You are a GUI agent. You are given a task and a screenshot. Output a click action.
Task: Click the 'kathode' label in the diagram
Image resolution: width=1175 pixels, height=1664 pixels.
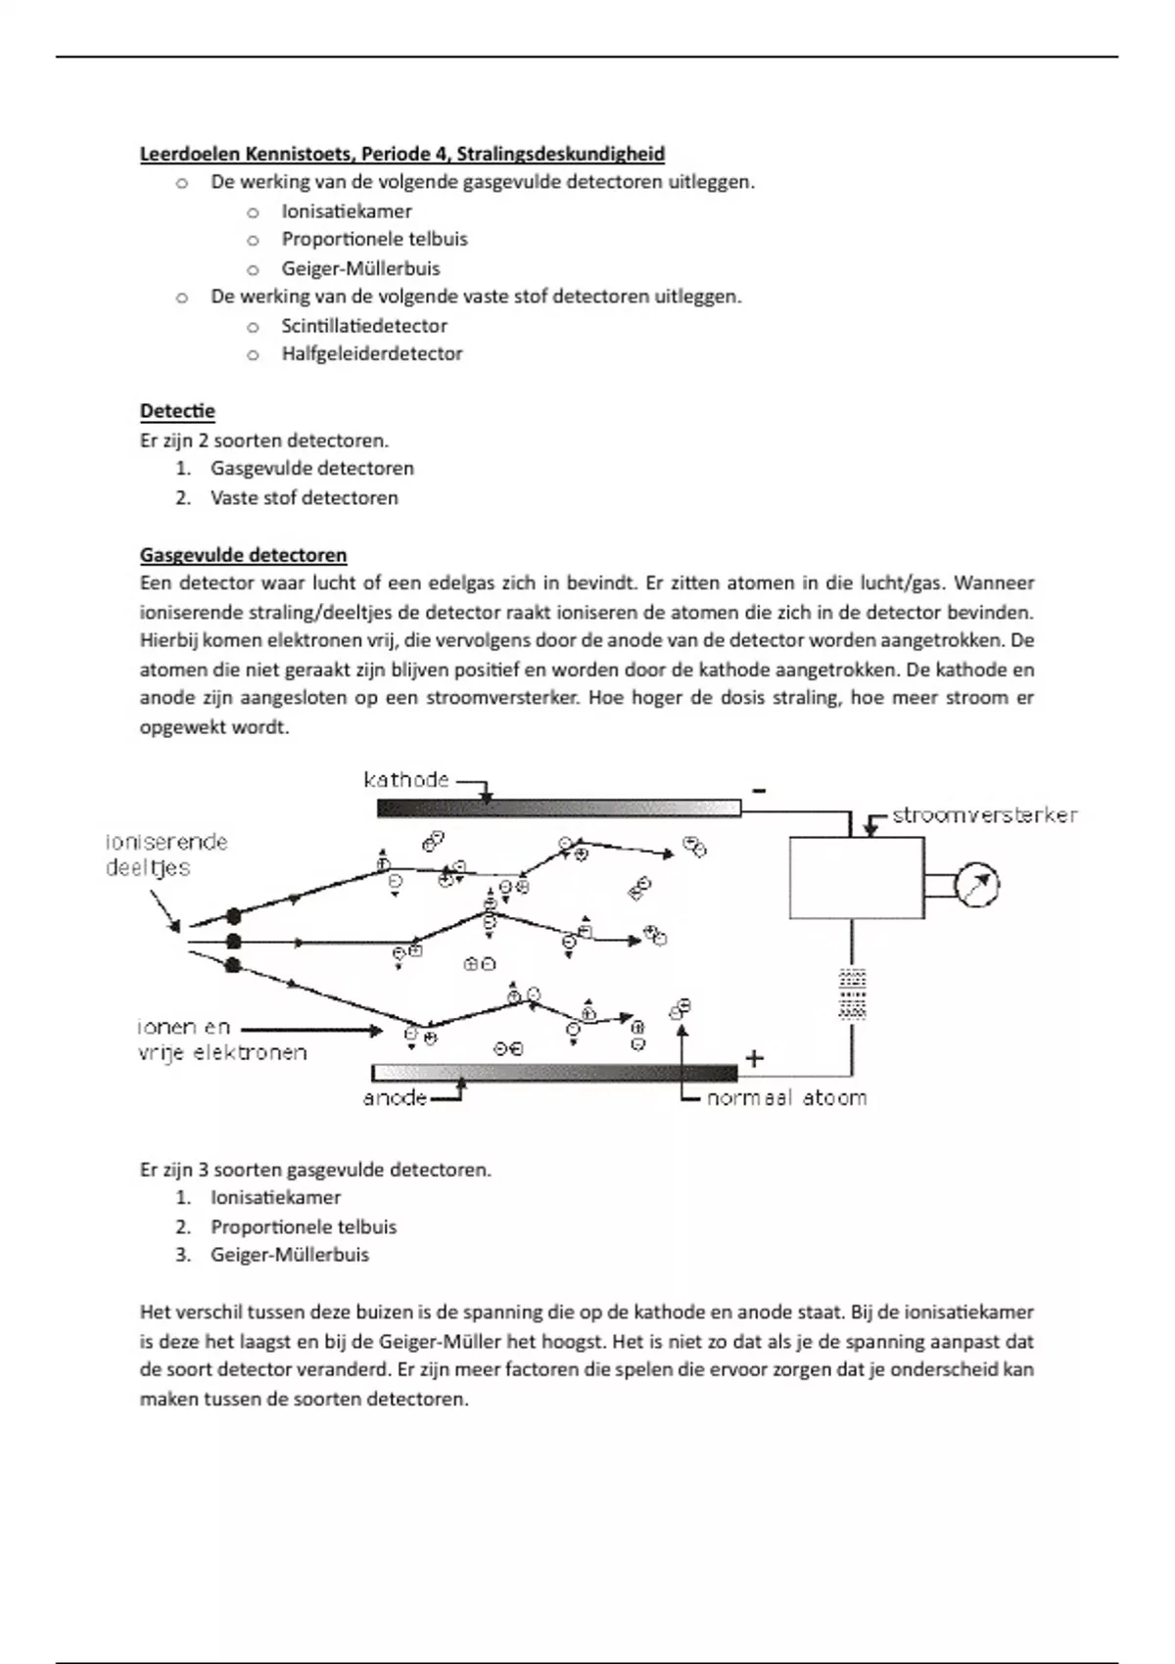(405, 780)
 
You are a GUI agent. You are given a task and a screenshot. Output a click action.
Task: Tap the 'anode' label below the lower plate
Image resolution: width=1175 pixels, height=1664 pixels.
(395, 1098)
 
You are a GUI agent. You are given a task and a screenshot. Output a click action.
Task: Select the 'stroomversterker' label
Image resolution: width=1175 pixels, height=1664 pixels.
(984, 815)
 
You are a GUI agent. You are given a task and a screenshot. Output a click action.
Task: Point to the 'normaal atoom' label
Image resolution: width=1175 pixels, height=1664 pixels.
(786, 1098)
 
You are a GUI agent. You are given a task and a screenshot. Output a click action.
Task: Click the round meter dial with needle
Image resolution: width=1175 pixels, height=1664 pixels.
(976, 886)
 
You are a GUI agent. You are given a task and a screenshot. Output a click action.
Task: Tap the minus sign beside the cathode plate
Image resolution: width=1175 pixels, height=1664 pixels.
(759, 790)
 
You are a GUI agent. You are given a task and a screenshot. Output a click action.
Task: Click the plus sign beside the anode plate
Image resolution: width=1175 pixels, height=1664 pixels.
(754, 1058)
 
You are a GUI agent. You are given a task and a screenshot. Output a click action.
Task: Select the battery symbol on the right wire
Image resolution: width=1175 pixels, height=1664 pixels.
(853, 994)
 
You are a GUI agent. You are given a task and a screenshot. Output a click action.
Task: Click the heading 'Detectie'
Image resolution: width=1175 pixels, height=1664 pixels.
(177, 411)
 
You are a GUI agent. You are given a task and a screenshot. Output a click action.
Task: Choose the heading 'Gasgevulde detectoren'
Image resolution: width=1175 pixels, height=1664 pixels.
(243, 555)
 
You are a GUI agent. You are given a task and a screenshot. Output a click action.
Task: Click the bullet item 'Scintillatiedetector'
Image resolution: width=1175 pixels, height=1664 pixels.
(364, 326)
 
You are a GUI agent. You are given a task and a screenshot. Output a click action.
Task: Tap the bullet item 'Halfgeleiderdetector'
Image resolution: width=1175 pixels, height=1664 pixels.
(372, 354)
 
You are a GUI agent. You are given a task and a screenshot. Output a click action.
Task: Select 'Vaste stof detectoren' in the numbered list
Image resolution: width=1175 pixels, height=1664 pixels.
(304, 497)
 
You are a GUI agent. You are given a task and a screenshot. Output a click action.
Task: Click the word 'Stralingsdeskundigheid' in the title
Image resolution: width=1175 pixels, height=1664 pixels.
(561, 154)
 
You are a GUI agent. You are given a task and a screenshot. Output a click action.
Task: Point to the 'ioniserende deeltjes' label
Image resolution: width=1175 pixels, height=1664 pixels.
(165, 855)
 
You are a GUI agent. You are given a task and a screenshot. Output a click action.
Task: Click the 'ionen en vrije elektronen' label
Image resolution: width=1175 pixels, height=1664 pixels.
(221, 1040)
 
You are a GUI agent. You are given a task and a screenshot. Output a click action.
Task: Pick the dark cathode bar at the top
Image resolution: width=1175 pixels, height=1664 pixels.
(558, 809)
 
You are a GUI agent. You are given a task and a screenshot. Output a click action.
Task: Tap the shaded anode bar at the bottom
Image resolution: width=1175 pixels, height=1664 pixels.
(554, 1073)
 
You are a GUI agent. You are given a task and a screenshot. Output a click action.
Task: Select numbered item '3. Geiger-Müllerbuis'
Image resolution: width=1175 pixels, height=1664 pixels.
(289, 1255)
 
